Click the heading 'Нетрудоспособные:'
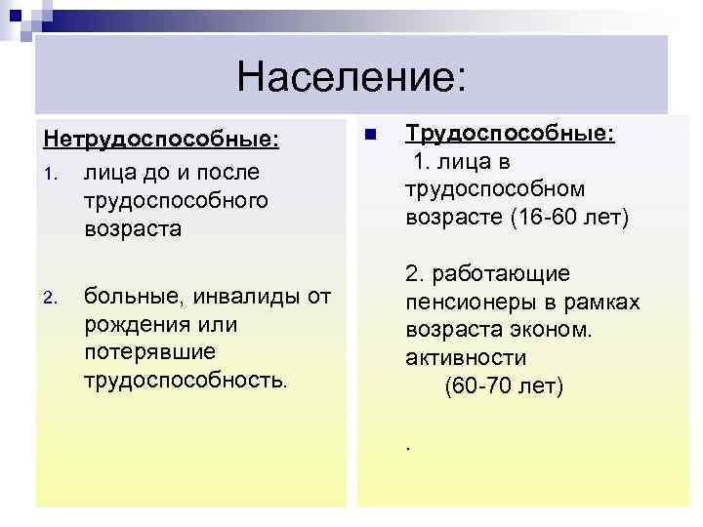(159, 143)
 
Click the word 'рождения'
(137, 323)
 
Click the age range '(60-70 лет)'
(504, 386)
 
